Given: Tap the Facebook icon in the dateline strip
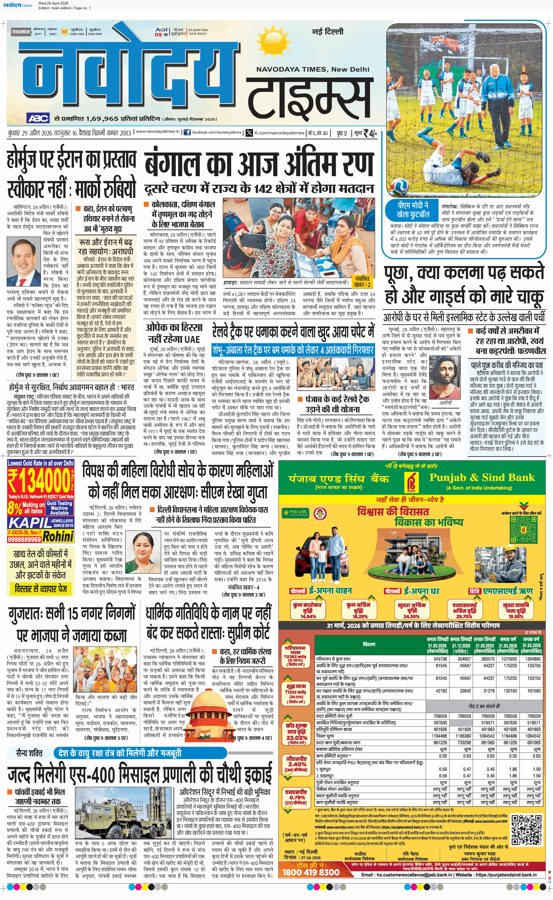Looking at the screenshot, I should (x=187, y=132).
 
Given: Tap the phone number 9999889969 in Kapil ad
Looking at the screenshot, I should (x=24, y=539).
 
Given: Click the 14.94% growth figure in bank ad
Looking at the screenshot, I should (x=308, y=616).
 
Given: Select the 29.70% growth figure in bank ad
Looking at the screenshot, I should (x=464, y=616).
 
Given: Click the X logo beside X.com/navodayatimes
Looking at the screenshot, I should (x=249, y=132).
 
